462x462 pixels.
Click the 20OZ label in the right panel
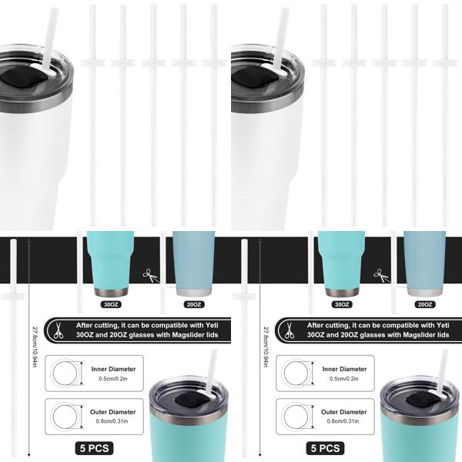424,304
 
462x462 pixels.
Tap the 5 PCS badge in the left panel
92,447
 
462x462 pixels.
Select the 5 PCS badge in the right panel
323,447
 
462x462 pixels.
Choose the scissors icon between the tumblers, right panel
380,275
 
